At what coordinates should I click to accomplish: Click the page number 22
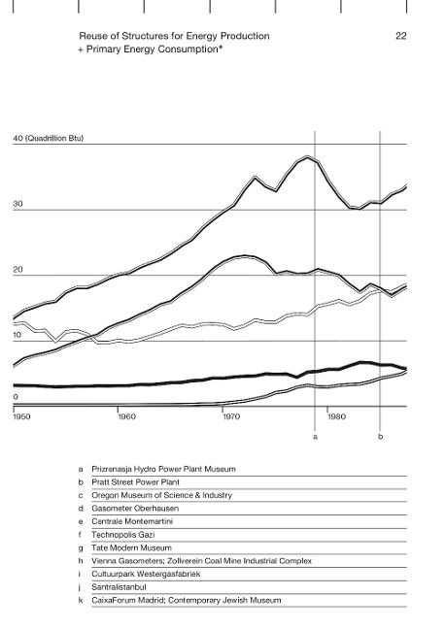tap(401, 36)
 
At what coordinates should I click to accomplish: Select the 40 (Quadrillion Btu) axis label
tap(49, 139)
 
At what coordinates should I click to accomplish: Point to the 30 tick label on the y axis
tap(17, 204)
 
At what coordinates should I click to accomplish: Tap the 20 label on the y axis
tap(17, 270)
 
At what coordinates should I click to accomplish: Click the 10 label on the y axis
tap(17, 335)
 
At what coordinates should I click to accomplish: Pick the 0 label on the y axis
tap(16, 397)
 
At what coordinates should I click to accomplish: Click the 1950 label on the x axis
tap(21, 416)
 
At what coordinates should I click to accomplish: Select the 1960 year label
tap(126, 416)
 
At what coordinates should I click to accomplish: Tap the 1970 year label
tap(231, 416)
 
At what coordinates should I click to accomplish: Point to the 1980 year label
tap(336, 416)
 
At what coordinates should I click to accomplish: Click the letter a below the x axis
tap(315, 437)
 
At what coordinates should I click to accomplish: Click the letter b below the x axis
tap(380, 437)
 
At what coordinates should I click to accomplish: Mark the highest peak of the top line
tap(308, 156)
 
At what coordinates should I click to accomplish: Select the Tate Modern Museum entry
tap(131, 548)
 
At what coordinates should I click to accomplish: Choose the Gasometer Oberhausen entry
tap(135, 509)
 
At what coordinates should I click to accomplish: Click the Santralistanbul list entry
tap(119, 587)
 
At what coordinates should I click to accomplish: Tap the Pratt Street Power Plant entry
tap(135, 482)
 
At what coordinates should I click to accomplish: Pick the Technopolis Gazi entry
tap(122, 535)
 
